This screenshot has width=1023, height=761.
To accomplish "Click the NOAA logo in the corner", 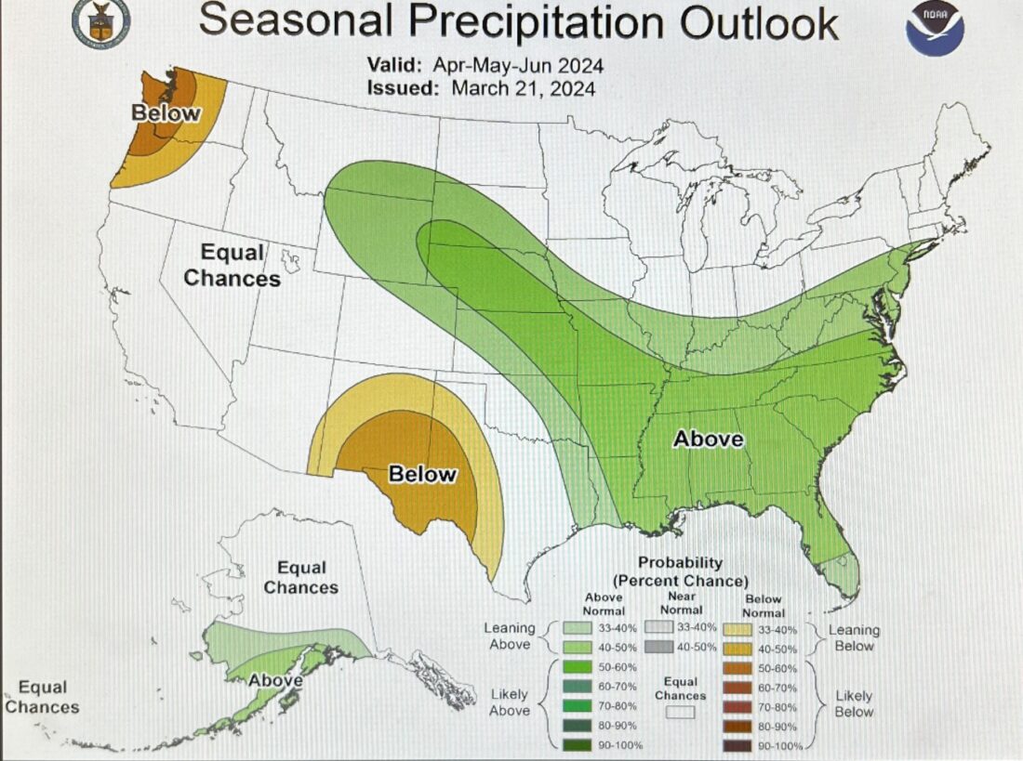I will click(935, 28).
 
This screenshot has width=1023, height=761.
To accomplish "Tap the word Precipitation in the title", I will click(540, 22).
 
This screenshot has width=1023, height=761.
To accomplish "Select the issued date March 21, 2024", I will click(522, 88).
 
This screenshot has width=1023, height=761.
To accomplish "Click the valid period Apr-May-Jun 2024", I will click(517, 66).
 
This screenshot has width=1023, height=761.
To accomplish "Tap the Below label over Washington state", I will click(166, 113).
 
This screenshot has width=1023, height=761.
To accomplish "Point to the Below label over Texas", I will click(422, 474).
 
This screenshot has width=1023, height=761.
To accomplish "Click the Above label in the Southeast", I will click(709, 439).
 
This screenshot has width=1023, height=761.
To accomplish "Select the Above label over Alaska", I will click(275, 680).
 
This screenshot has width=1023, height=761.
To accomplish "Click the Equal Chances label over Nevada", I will click(232, 265).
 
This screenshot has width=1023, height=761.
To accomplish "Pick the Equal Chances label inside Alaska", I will click(300, 577).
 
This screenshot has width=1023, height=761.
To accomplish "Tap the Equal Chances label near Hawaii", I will click(43, 697).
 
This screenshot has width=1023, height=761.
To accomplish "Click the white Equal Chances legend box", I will click(681, 713).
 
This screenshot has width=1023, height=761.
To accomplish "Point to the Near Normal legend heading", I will click(682, 604).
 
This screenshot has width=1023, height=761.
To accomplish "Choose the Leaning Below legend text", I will click(854, 637).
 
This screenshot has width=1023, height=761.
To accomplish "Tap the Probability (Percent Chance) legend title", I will click(680, 571).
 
